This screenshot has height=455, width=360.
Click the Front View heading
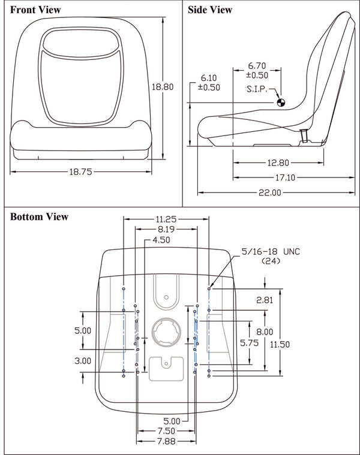pos(35,10)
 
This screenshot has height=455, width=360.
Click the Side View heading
pos(210,10)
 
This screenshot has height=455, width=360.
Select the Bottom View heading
pos(39,216)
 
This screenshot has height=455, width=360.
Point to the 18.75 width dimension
pos(79,171)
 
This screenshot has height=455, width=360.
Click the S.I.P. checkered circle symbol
pos(280,103)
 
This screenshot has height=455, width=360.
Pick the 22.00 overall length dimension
pos(269,192)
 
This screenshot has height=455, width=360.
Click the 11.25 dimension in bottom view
pos(166,219)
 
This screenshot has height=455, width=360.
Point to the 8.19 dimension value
pos(166,229)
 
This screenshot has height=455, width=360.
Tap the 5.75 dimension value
pos(249,343)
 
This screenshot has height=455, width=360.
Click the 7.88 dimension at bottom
pos(166,442)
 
